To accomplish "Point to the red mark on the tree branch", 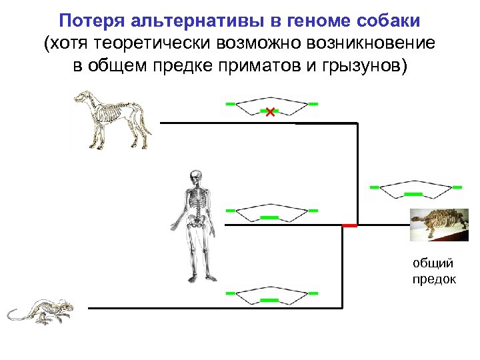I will click(349, 226).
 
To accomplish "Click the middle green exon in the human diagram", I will click(269, 217).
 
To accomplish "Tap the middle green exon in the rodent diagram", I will click(269, 301).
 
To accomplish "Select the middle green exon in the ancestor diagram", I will click(413, 193).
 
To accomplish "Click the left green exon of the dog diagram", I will click(230, 104).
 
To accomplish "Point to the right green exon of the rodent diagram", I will click(313, 293).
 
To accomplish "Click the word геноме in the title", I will click(311, 21).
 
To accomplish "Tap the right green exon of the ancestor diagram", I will click(457, 187).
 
